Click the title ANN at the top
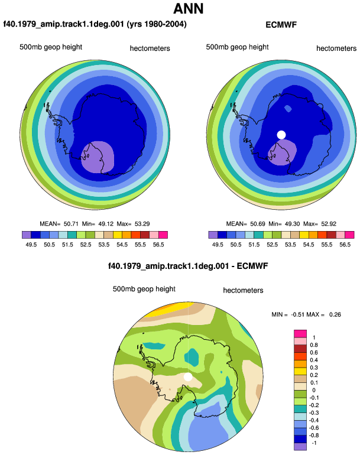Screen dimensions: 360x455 click(189, 9)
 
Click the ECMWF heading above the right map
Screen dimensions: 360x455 click(281, 25)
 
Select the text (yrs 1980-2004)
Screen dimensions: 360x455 click(157, 24)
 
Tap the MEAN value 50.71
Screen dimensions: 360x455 click(71, 224)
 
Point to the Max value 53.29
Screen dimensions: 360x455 click(142, 224)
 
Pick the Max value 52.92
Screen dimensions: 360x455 click(329, 224)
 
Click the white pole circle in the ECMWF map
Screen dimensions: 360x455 click(281, 135)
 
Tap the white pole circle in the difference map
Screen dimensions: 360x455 click(188, 377)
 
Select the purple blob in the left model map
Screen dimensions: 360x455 click(98, 158)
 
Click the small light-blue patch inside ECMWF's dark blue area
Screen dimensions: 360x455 click(288, 109)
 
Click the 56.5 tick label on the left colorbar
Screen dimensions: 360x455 click(158, 245)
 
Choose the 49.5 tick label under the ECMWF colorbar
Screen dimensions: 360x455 click(218, 245)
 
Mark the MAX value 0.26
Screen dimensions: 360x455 click(335, 314)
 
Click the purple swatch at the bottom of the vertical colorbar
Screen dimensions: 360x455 click(300, 447)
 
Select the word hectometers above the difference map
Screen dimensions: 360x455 click(243, 290)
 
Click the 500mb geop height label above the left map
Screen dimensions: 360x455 click(51, 47)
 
